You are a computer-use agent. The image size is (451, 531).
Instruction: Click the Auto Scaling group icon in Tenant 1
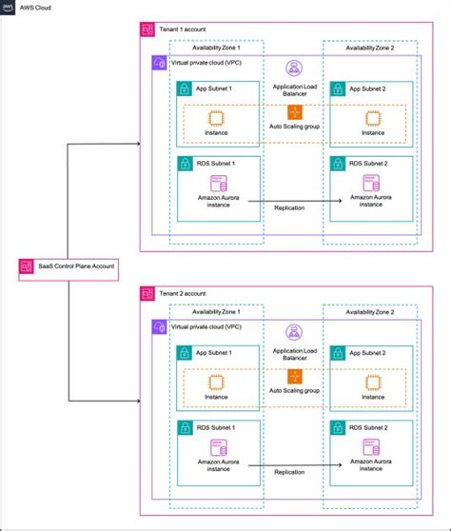(x=294, y=113)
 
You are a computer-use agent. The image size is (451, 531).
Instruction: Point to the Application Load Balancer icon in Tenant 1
(x=294, y=69)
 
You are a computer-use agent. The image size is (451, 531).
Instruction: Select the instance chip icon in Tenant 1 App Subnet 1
(x=216, y=118)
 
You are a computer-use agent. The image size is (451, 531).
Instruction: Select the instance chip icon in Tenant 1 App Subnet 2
(x=373, y=118)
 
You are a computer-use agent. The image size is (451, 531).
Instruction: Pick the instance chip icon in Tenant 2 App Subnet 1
(x=216, y=381)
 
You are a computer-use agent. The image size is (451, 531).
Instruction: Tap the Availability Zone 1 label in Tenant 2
(x=215, y=310)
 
